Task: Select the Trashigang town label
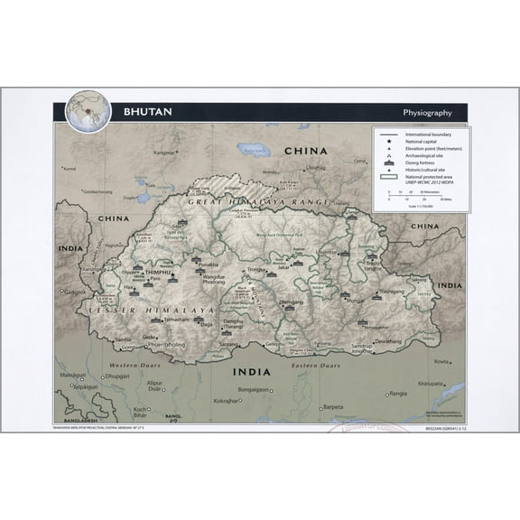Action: (x=392, y=292)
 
